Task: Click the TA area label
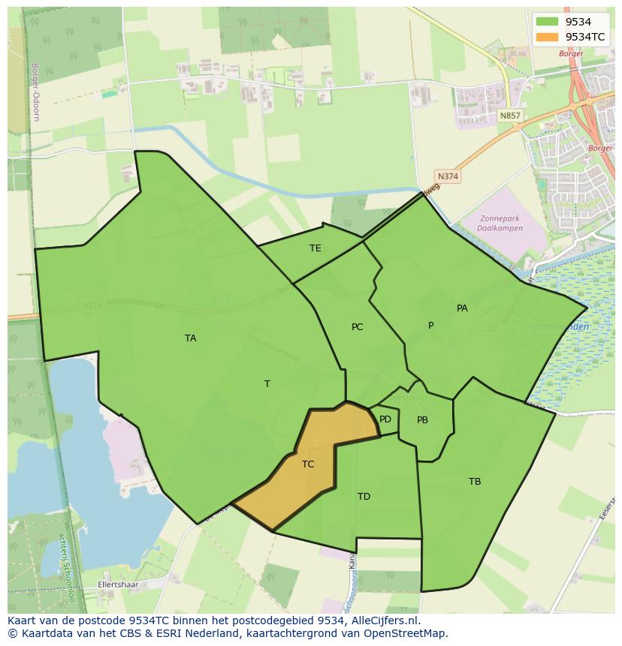coord(191,338)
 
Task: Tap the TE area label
coord(316,248)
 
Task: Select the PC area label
coord(358,327)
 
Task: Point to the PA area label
coord(462,308)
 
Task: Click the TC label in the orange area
coord(308,464)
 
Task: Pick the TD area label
coord(364,497)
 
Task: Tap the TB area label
coord(475,482)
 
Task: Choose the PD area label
coord(385,419)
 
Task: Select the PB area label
coord(422,420)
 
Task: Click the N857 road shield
coord(509,116)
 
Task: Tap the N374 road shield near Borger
coord(448,177)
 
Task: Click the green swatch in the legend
coord(548,22)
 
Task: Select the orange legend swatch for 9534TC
coord(548,37)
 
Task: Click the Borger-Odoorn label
coord(35,92)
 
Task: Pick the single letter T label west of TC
coord(267,384)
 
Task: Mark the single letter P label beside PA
coord(430,326)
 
